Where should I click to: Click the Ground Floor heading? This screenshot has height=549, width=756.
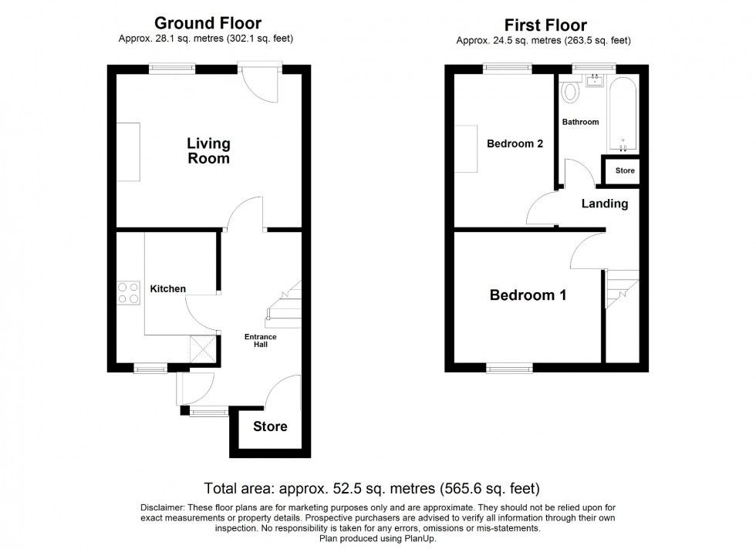coord(208,24)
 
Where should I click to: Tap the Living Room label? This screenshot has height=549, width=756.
coord(208,151)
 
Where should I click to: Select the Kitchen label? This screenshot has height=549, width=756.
coord(167,289)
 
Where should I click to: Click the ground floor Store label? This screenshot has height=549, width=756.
coord(270,426)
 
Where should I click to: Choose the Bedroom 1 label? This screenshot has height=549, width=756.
coord(528,295)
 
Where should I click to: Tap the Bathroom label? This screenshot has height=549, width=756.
coord(579,122)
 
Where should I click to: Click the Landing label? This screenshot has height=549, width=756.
coord(605,204)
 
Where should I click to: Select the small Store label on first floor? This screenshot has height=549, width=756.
coord(625,170)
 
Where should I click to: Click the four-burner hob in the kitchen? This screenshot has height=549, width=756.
coord(127,292)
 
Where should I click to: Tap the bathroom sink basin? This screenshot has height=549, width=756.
coord(595,80)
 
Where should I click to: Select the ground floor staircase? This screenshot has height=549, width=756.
coord(282,305)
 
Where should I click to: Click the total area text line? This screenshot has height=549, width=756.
coord(371,488)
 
